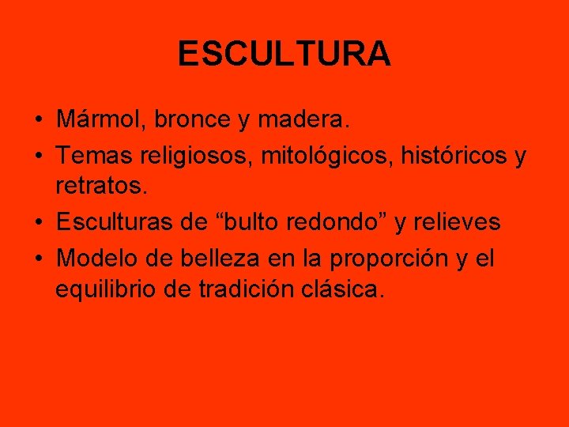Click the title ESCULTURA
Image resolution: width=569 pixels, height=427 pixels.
pos(284,54)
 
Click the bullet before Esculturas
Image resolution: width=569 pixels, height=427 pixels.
pos(39,224)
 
